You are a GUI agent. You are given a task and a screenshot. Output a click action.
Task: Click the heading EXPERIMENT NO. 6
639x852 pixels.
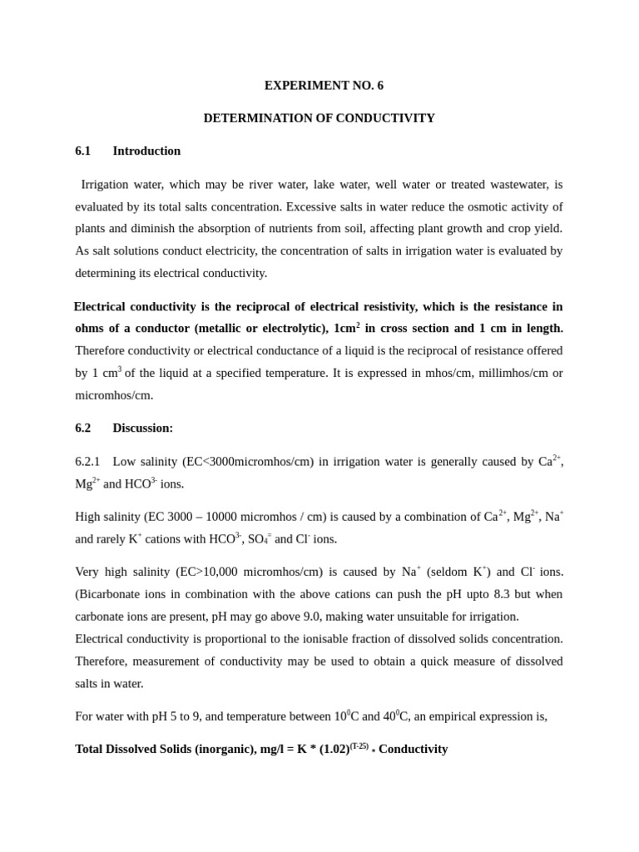324,86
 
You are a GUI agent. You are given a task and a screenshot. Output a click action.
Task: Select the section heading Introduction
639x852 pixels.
146,151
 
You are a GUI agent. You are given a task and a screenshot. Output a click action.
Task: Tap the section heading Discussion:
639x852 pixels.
143,428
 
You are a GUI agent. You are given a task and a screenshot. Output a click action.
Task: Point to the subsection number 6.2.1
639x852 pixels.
87,461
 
